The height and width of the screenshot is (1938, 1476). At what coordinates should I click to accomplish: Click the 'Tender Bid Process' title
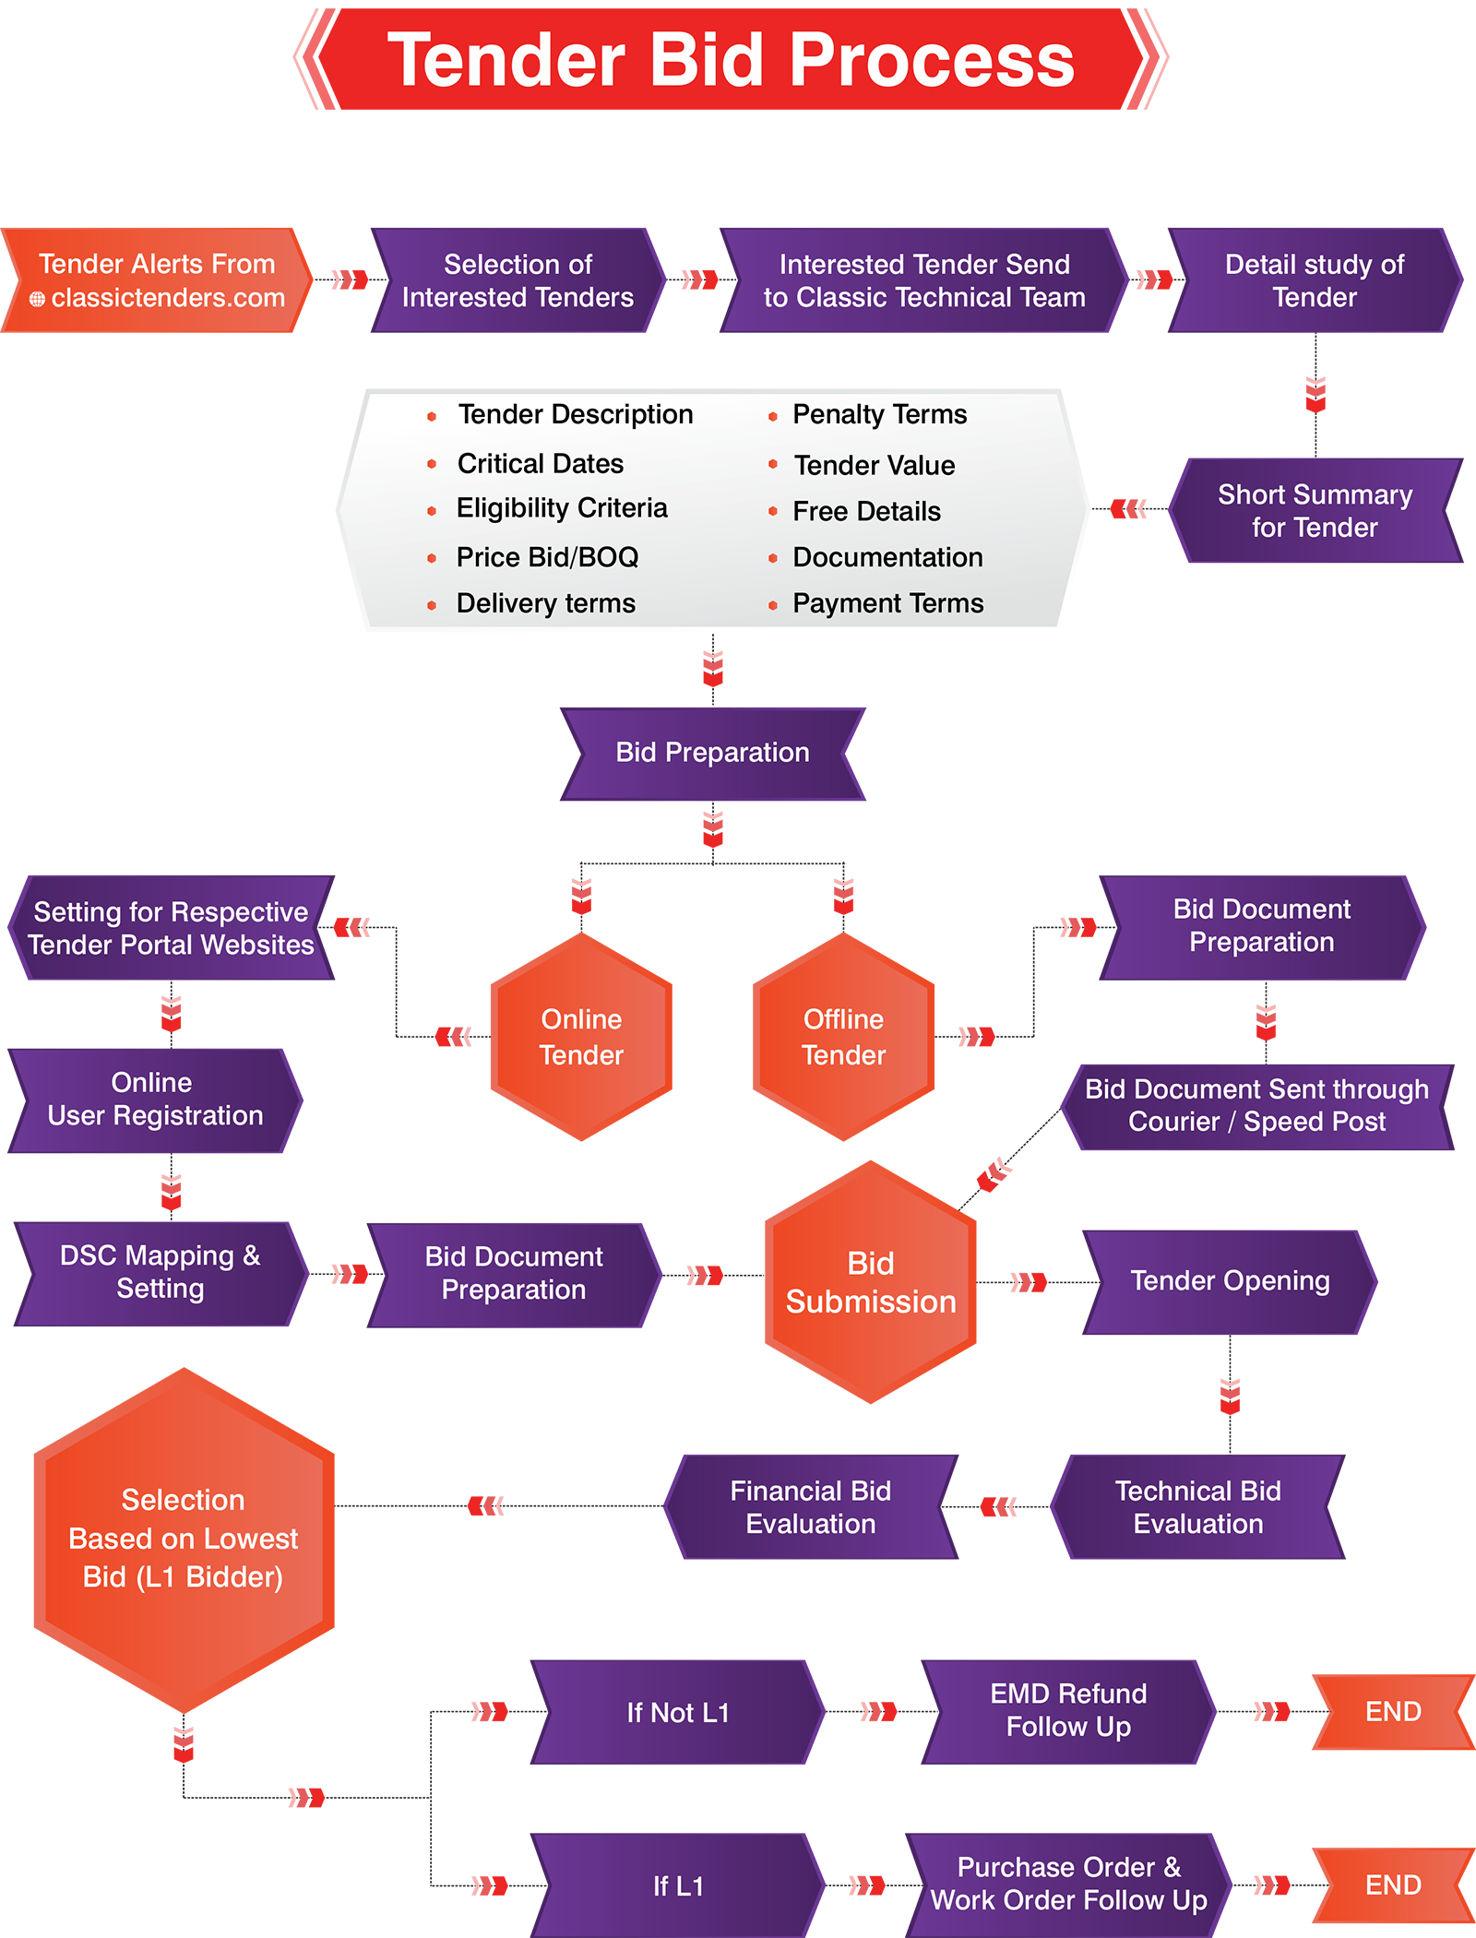[x=731, y=61]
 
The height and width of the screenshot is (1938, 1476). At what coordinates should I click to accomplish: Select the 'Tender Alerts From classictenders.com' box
[x=157, y=280]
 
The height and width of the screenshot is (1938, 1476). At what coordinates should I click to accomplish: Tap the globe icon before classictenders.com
[x=37, y=299]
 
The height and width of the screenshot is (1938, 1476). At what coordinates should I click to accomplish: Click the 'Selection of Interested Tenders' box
[x=517, y=280]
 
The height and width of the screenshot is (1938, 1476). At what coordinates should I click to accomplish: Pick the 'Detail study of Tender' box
[x=1314, y=280]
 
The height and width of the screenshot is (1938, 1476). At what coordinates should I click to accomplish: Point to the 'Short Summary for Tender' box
[x=1314, y=511]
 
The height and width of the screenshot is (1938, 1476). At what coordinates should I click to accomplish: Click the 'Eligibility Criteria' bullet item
[x=561, y=508]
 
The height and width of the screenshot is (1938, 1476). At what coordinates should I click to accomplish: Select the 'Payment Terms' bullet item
[x=887, y=603]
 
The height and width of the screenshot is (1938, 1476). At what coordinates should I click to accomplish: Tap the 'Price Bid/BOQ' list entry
[x=547, y=557]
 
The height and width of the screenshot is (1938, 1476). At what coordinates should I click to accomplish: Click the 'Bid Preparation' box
[x=712, y=753]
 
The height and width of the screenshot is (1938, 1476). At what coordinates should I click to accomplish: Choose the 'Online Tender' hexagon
[x=581, y=1037]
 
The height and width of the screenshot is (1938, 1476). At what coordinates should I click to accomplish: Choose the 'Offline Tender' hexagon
[x=843, y=1037]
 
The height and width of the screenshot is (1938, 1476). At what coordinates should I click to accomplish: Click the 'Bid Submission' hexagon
[x=870, y=1282]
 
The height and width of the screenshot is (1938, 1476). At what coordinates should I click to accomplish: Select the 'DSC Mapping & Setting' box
[x=160, y=1273]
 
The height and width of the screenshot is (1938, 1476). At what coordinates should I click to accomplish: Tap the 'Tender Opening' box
[x=1229, y=1281]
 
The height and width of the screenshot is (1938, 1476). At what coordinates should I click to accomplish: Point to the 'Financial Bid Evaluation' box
[x=810, y=1507]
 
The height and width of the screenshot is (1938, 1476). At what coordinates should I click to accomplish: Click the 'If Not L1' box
[x=677, y=1713]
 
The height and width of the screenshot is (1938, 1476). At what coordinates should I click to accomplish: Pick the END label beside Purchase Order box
[x=1392, y=1885]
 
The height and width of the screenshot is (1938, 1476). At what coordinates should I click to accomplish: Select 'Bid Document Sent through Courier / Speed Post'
[x=1256, y=1105]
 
